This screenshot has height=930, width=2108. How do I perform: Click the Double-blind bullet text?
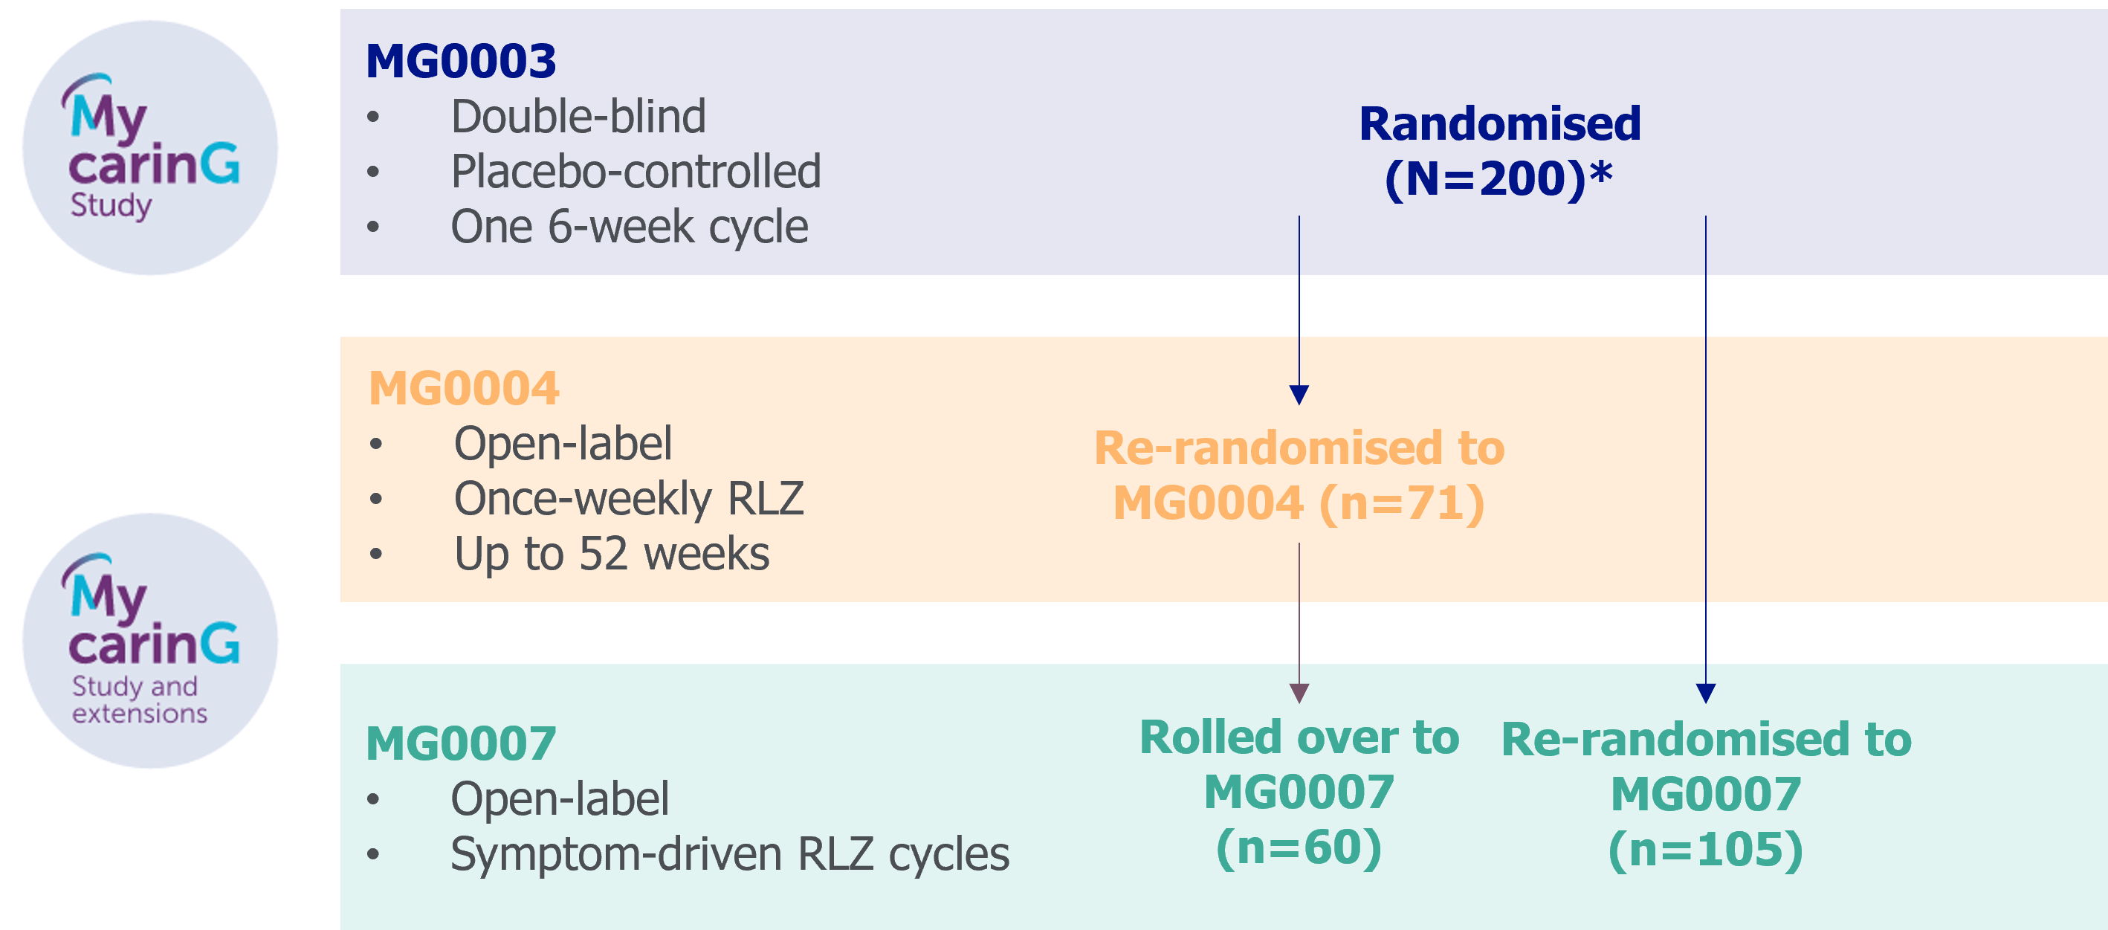click(x=578, y=116)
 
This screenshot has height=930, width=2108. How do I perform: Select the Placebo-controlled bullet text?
click(x=635, y=172)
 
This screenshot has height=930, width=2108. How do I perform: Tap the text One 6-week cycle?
click(x=629, y=227)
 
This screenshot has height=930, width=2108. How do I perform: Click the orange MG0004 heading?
click(x=463, y=388)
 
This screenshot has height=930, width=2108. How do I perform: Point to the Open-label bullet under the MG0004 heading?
click(x=562, y=444)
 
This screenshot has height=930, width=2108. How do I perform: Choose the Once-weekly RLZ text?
click(x=629, y=499)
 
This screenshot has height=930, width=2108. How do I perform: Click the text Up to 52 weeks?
click(x=611, y=555)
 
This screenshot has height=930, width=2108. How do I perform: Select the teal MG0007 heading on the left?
click(x=461, y=743)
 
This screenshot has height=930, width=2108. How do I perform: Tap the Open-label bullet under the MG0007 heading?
click(x=559, y=799)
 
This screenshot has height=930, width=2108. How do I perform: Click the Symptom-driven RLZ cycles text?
click(x=729, y=855)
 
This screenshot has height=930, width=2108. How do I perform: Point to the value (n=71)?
click(x=1401, y=503)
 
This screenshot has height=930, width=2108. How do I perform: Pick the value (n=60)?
click(x=1299, y=847)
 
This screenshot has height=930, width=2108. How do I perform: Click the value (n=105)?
click(x=1705, y=850)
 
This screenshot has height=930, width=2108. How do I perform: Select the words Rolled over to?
click(x=1299, y=737)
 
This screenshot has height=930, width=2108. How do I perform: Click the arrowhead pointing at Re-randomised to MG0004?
click(x=1299, y=395)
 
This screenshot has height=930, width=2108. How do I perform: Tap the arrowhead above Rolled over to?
click(x=1299, y=694)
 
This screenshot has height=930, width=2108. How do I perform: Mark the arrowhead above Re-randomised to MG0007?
click(x=1705, y=694)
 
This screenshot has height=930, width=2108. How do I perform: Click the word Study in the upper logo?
click(x=111, y=204)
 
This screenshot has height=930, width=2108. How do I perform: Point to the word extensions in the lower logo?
click(x=140, y=714)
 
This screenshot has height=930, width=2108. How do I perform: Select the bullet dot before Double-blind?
click(x=373, y=117)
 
